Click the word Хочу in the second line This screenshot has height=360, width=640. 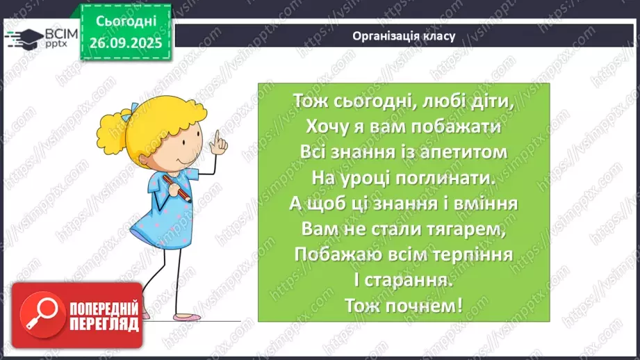323,127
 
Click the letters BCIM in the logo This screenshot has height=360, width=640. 58,33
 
